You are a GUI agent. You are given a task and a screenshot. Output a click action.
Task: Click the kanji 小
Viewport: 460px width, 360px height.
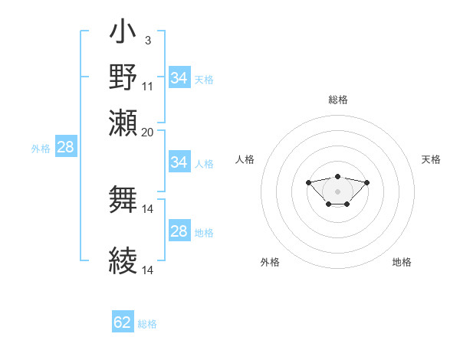coord(123,34)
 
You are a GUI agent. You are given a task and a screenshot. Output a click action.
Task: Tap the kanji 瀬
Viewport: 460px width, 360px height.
coord(123,122)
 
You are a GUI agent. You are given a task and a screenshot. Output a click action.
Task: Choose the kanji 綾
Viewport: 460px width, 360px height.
coord(123,261)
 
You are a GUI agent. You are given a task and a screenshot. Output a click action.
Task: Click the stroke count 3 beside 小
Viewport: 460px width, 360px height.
coord(147,40)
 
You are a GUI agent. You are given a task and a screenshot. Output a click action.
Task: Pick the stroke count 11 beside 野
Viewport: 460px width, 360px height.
coord(148,86)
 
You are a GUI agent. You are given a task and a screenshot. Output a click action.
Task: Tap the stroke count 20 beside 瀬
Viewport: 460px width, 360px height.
coord(148,132)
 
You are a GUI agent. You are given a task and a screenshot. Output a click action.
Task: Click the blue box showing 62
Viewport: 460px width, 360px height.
coord(123,322)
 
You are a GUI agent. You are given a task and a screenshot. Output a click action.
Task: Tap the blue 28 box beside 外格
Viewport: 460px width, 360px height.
coord(65,148)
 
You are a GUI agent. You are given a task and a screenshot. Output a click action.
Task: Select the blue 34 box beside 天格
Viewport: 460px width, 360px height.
coord(179,78)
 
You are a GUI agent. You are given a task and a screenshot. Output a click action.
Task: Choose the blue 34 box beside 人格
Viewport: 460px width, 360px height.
coord(179,162)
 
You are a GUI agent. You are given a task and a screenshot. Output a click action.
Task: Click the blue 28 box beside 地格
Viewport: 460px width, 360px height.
coord(179,231)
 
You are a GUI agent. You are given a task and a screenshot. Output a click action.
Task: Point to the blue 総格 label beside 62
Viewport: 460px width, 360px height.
coord(147,324)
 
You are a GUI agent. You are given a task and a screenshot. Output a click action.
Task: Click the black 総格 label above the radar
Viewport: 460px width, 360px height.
coord(337,100)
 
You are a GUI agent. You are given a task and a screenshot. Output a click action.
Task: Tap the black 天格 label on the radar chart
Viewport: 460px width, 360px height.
coord(431,159)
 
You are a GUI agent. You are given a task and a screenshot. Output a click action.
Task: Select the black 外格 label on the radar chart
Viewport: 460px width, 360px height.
coord(270,262)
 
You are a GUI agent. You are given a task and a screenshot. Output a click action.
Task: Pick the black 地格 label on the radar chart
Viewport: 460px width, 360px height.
coord(402,262)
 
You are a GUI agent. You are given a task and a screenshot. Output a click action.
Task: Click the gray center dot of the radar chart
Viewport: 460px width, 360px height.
coord(337,191)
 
